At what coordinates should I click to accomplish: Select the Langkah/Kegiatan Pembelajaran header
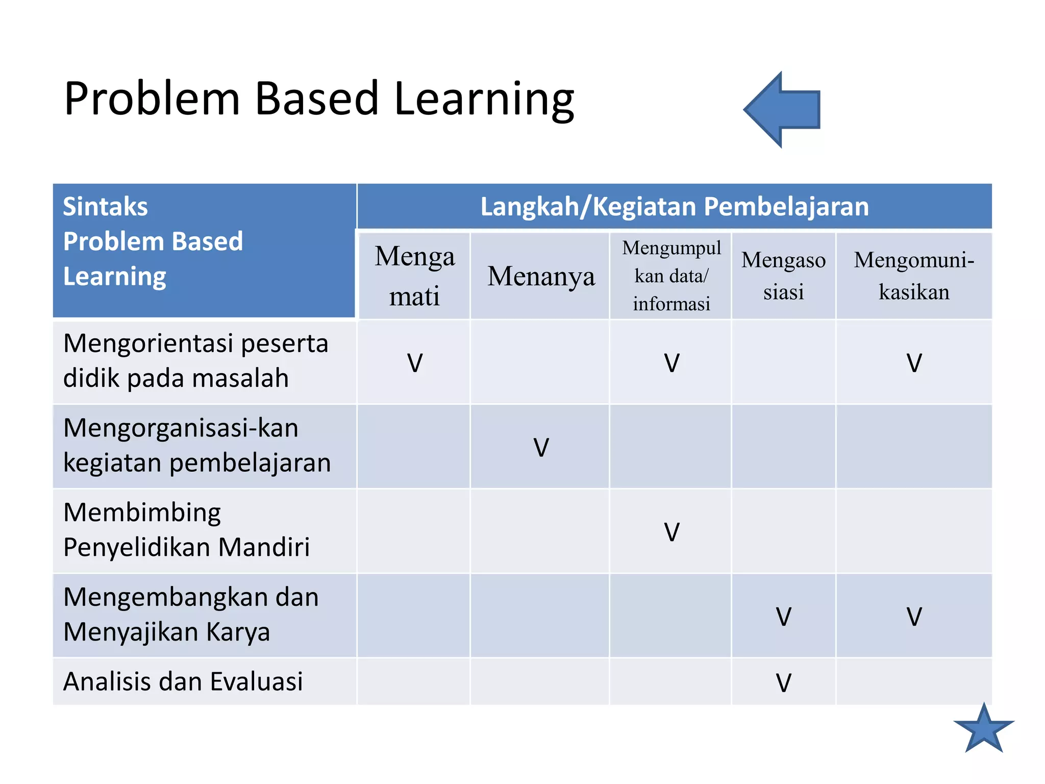pos(674,207)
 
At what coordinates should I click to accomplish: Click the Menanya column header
pos(540,276)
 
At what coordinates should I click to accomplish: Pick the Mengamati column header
pos(414,276)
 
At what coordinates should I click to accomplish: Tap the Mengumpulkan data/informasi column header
pos(671,276)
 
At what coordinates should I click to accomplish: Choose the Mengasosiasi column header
pos(783,276)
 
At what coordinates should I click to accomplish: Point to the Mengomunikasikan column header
pos(914,276)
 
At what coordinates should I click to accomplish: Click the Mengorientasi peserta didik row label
pos(195,361)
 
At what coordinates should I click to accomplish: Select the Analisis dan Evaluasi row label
pos(183,681)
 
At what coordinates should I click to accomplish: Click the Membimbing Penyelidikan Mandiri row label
pos(186,530)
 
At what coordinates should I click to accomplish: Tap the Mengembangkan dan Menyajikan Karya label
pos(190,615)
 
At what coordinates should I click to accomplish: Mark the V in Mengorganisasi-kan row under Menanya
pos(541,448)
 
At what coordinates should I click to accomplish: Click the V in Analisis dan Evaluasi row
pos(783,683)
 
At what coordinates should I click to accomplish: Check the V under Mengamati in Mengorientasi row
pos(415,363)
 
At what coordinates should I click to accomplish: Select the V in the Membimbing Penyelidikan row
pos(671,532)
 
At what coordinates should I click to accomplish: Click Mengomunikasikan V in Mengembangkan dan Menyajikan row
pos(914,617)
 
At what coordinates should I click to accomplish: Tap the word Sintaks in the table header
pos(105,207)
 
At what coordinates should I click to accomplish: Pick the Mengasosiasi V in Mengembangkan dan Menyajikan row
pos(783,617)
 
